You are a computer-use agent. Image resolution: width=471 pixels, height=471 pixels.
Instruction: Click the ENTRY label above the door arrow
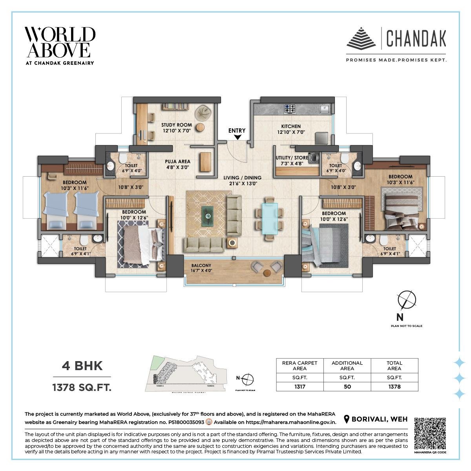[x=237, y=130]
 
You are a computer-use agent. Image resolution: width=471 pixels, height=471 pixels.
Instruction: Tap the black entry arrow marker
[x=237, y=137]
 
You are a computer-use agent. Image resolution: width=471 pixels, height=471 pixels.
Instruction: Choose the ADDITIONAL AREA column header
[x=347, y=365]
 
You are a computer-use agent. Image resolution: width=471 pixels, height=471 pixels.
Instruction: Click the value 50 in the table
[x=347, y=386]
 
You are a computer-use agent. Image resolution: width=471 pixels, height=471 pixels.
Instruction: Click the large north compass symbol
[x=407, y=301]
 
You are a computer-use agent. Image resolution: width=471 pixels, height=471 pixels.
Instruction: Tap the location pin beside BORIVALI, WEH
[x=347, y=419]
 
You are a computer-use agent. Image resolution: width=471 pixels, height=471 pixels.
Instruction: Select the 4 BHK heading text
[x=82, y=366]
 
